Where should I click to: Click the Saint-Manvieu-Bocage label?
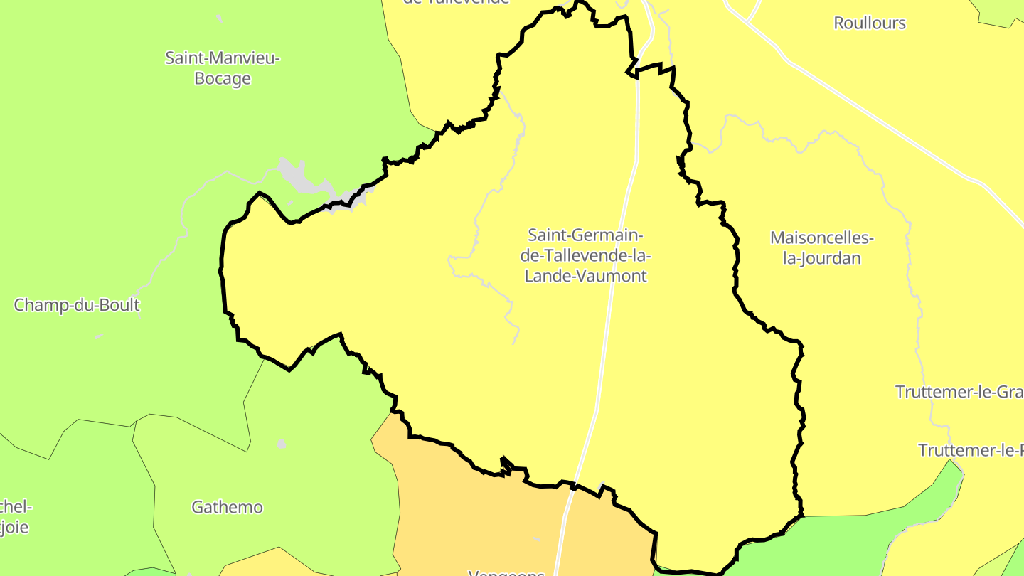(223, 68)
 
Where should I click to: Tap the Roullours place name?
(870, 23)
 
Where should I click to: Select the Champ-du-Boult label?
(77, 305)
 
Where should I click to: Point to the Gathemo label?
(227, 507)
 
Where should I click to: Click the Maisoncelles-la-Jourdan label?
(822, 247)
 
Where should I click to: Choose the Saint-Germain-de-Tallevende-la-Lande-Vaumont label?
(586, 255)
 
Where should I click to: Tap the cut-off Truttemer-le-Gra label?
(959, 392)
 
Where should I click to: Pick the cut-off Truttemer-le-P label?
(971, 450)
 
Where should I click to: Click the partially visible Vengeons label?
(506, 572)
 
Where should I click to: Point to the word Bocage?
(223, 78)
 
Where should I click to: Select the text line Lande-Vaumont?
(586, 276)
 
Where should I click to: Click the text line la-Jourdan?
(822, 258)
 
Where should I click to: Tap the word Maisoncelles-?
(822, 237)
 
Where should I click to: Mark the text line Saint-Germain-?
(586, 235)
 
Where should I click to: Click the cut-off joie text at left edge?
(14, 528)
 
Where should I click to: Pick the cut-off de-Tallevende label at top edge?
(457, 2)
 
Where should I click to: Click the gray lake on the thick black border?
(302, 178)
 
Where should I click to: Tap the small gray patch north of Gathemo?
(282, 444)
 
